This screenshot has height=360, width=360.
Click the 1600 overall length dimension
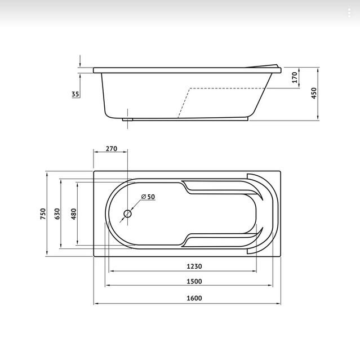click(194, 298)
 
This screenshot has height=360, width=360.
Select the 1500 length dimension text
click(194, 281)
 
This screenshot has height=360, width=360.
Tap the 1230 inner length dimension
click(194, 266)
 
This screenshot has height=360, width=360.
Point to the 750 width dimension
click(43, 214)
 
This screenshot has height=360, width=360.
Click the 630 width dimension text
click(57, 214)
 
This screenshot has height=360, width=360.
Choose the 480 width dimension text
click(74, 214)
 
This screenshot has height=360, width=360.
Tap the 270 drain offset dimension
click(112, 149)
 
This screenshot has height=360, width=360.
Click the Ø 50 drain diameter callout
click(148, 197)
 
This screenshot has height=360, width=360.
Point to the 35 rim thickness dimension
click(75, 94)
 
